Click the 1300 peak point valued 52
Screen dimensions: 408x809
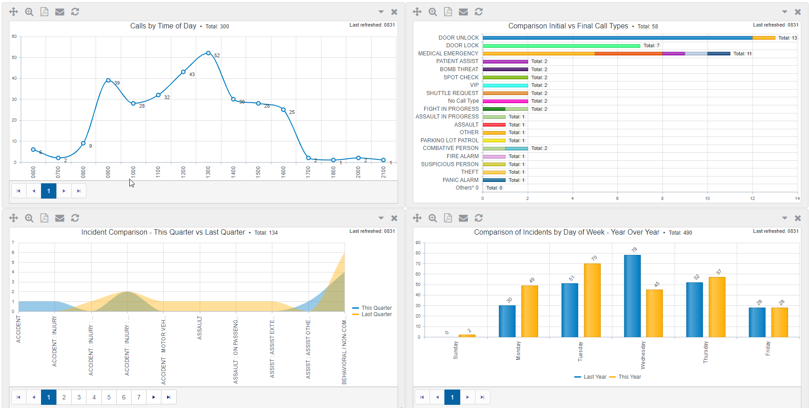[x=208, y=53]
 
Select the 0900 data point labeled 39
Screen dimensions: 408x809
[x=108, y=80]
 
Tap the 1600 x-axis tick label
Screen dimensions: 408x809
[x=283, y=172]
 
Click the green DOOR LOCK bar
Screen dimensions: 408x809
[x=561, y=46]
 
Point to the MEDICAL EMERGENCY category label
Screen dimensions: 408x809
[x=448, y=54]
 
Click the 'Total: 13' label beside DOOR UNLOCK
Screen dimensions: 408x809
[x=787, y=38]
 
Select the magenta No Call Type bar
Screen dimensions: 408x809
[x=505, y=101]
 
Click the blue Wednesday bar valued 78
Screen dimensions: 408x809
[x=632, y=295]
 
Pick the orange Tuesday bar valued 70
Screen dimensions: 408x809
[x=592, y=300]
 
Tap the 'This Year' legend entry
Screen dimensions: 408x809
[x=629, y=377]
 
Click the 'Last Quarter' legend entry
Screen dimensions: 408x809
[x=376, y=314]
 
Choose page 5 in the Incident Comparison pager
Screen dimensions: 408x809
[x=109, y=397]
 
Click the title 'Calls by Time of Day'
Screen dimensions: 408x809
[x=163, y=26]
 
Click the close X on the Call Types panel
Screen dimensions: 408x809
[x=798, y=12]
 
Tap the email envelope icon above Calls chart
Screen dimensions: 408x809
[x=59, y=12]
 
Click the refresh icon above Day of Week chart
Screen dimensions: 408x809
[x=479, y=218]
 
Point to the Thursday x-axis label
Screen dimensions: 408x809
[x=705, y=352]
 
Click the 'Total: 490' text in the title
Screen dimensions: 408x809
[x=680, y=233]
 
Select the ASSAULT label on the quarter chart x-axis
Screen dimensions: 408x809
[x=200, y=328]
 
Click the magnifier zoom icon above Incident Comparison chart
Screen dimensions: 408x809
[x=29, y=218]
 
